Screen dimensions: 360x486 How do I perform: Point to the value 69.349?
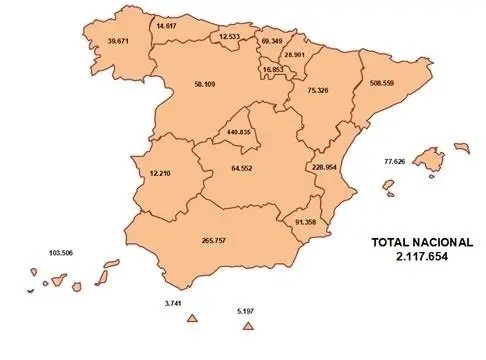pyautogui.click(x=271, y=41)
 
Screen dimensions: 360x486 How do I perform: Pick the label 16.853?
pyautogui.click(x=272, y=70)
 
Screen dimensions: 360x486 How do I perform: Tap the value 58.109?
pyautogui.click(x=207, y=84)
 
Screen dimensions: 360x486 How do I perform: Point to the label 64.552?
pyautogui.click(x=241, y=167)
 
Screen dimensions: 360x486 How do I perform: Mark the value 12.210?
pyautogui.click(x=161, y=173)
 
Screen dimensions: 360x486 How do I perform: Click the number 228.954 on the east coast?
pyautogui.click(x=327, y=167)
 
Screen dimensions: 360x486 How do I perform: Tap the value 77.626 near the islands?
pyautogui.click(x=397, y=161)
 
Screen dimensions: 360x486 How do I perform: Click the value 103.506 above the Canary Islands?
pyautogui.click(x=62, y=254)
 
